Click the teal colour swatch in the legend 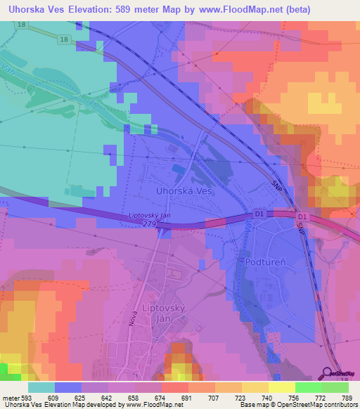(x=41, y=387)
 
